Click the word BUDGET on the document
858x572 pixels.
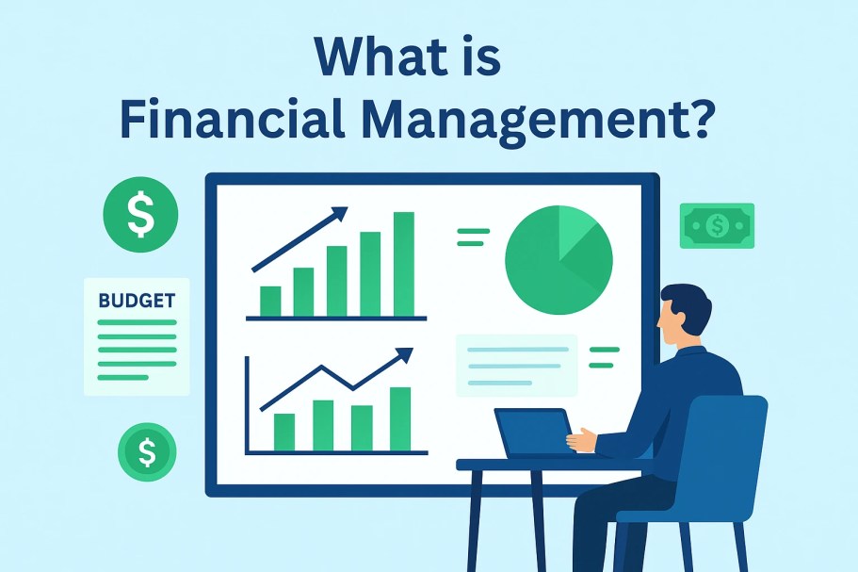click(137, 302)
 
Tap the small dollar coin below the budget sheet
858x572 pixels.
click(147, 452)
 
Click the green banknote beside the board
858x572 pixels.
click(717, 225)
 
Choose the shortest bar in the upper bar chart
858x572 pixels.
click(270, 301)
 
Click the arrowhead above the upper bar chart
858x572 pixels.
click(338, 216)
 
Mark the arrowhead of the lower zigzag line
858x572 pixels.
click(404, 356)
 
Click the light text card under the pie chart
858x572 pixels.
click(515, 365)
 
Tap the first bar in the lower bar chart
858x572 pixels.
click(284, 432)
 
